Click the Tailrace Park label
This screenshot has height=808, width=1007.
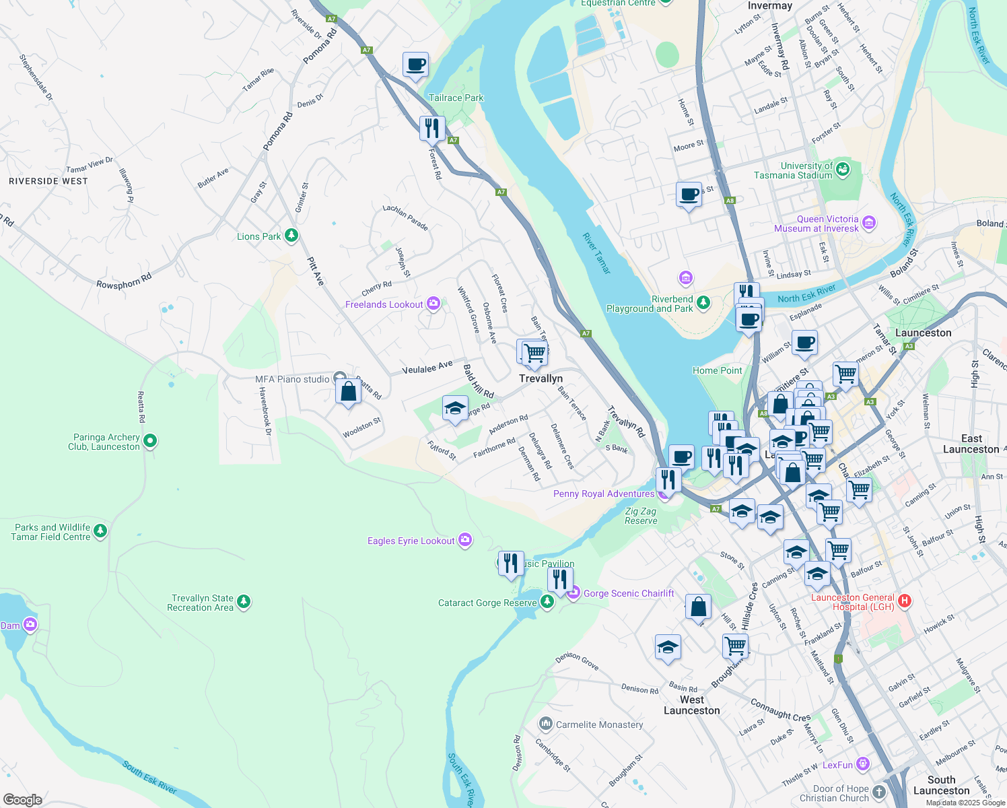(456, 98)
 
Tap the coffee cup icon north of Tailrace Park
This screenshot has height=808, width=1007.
(416, 65)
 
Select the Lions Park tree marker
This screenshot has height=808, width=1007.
(291, 236)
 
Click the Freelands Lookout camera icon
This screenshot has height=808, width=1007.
(433, 304)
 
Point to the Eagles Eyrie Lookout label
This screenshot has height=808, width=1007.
(411, 541)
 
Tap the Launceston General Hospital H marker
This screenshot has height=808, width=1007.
(905, 601)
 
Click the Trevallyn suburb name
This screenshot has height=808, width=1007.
(541, 378)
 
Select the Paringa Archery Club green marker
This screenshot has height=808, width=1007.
(150, 441)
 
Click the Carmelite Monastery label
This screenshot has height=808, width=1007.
(599, 725)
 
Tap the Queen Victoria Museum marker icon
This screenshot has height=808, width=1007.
(868, 223)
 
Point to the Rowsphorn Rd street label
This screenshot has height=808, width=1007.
(124, 281)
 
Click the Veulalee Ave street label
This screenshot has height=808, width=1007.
(427, 368)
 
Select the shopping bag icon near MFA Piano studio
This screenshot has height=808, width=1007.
(348, 391)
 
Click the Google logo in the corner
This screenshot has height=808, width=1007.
(22, 799)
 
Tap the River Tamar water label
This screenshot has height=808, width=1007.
(596, 253)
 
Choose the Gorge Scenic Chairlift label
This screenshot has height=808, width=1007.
(628, 593)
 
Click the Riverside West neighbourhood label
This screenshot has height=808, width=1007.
(48, 181)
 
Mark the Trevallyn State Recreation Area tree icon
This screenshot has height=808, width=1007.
(244, 601)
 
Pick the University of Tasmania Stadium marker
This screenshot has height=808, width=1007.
(843, 169)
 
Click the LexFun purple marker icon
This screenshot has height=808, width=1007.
(863, 764)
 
